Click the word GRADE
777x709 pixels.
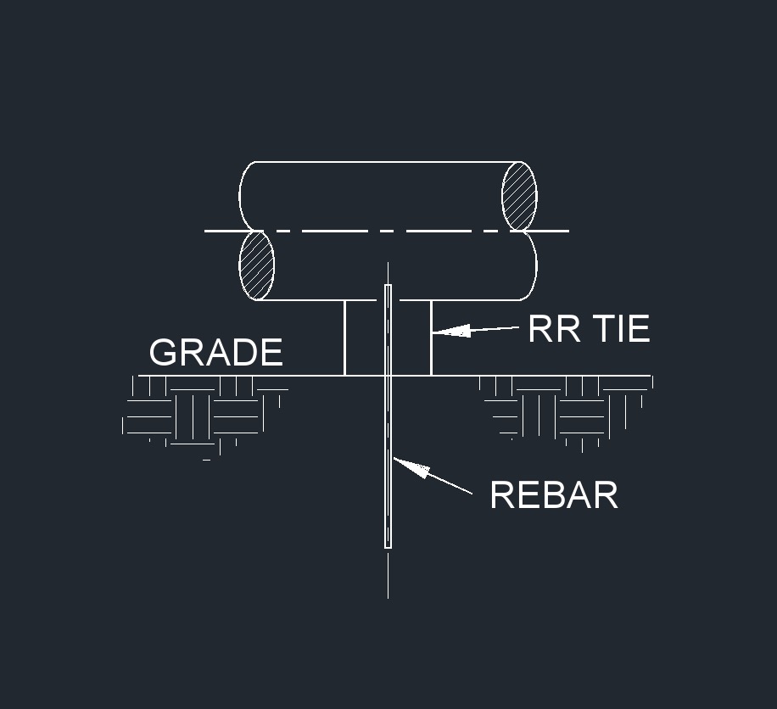(x=216, y=352)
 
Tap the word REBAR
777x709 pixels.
(x=554, y=494)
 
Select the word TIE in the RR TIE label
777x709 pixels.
(x=622, y=328)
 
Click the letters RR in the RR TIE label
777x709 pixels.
(x=555, y=328)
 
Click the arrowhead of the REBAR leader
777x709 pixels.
(x=411, y=467)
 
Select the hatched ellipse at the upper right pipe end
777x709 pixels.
(x=519, y=196)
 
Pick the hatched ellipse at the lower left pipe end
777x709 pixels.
(x=257, y=265)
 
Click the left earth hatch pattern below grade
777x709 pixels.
(x=204, y=416)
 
